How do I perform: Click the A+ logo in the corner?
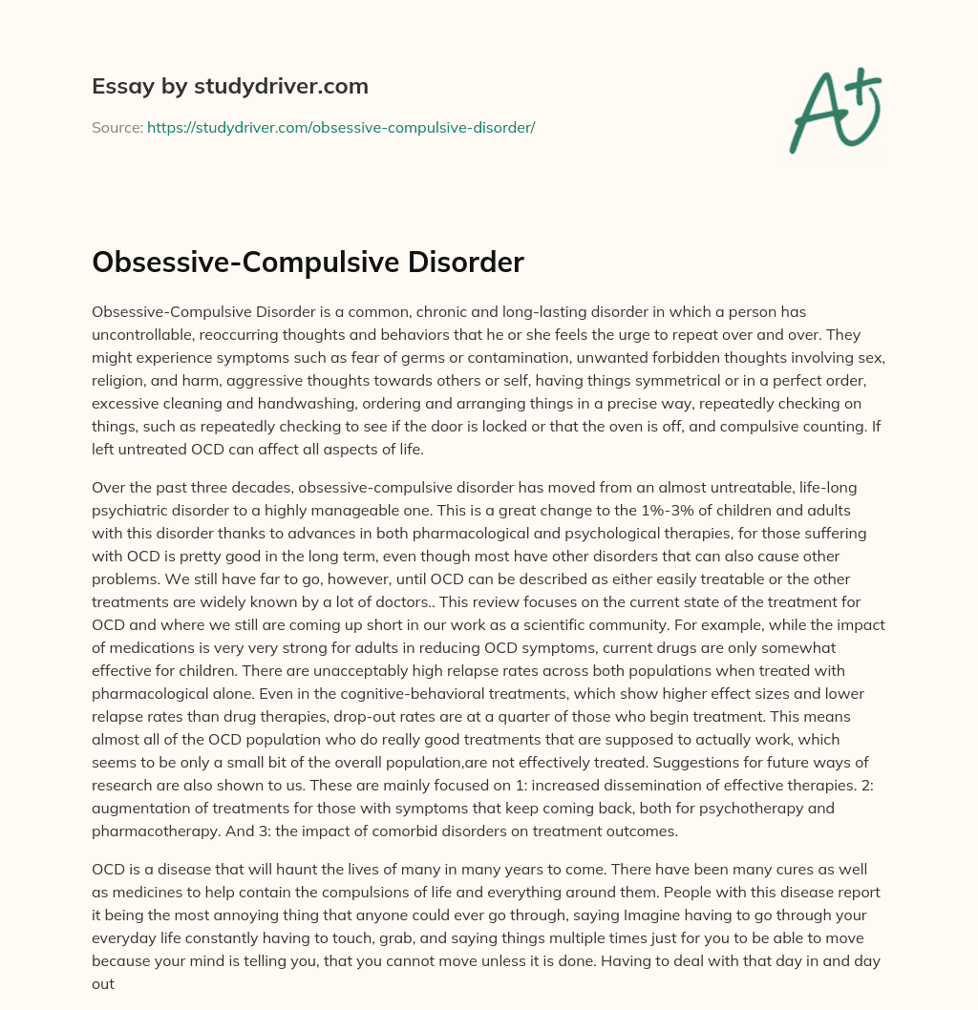(836, 110)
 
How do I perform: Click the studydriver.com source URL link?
(340, 127)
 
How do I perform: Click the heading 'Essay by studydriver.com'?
(230, 86)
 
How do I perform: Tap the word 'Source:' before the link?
(117, 127)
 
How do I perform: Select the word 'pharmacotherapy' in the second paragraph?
(147, 831)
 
